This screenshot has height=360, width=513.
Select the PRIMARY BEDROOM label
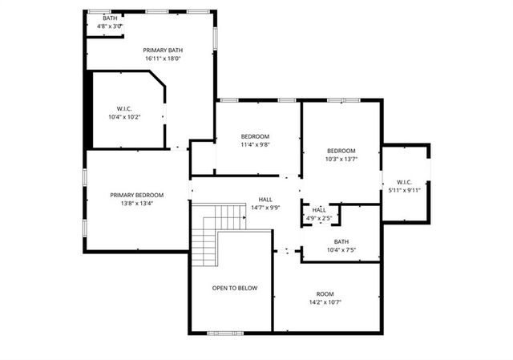(x=137, y=195)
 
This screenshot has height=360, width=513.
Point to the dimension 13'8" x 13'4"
(x=137, y=204)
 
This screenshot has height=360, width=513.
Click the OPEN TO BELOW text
(x=235, y=288)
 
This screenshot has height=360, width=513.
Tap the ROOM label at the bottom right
(x=324, y=293)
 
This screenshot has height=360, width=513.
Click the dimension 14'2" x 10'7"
(x=324, y=302)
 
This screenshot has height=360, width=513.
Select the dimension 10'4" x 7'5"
(x=341, y=250)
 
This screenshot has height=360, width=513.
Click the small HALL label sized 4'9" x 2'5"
(x=319, y=209)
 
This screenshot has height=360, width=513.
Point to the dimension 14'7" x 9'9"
(x=265, y=208)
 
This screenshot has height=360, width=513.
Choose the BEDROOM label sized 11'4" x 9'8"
(x=256, y=136)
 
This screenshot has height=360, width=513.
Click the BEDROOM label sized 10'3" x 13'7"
(x=341, y=151)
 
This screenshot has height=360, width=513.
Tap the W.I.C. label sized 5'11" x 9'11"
(x=404, y=181)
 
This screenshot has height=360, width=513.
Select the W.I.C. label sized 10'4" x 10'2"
(x=123, y=109)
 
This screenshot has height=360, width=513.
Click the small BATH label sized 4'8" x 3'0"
(x=110, y=18)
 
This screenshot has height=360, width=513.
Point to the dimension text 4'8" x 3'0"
(x=110, y=26)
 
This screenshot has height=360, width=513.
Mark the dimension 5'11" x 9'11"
(x=404, y=190)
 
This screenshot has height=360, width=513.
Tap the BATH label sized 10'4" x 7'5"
(x=341, y=241)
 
